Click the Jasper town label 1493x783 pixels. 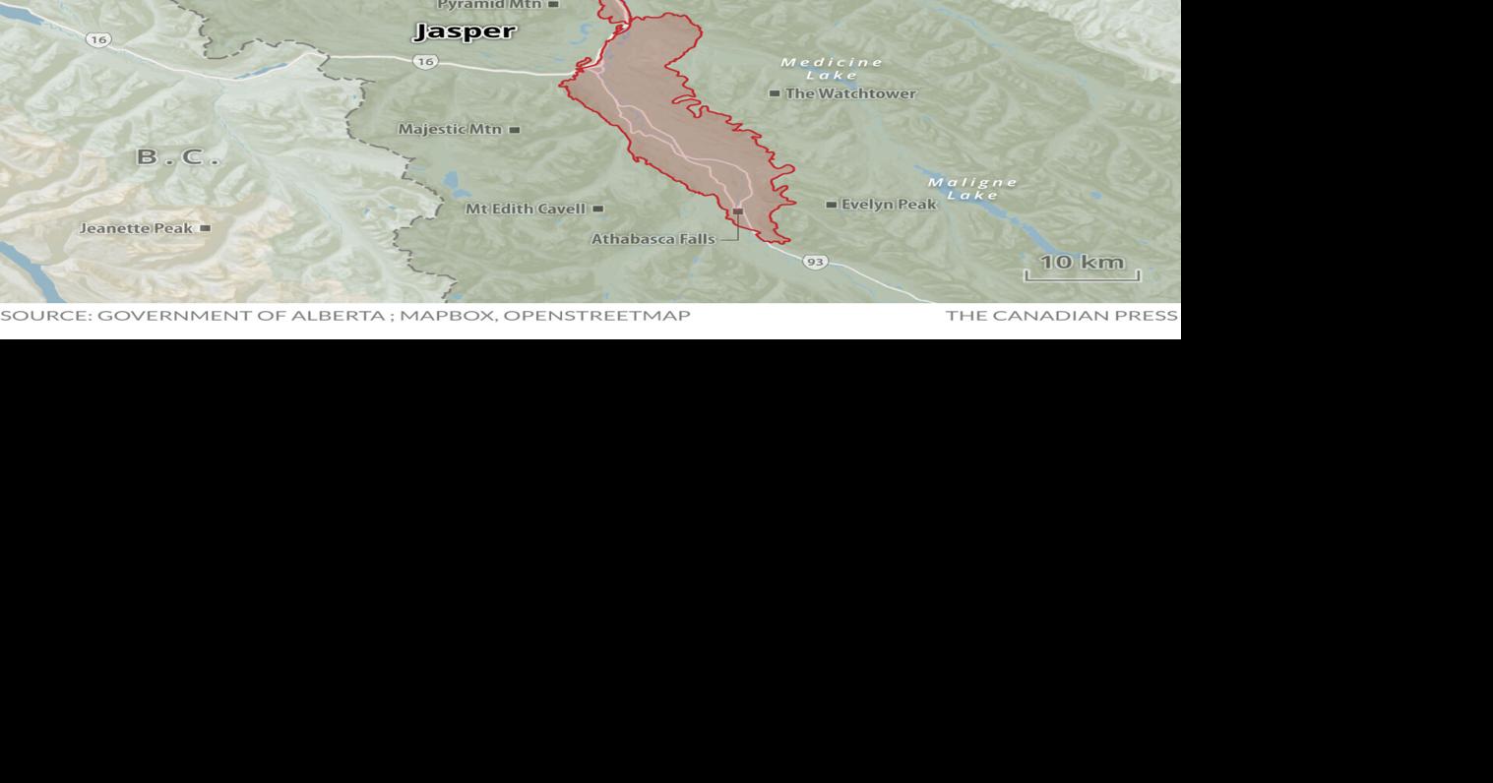click(x=465, y=31)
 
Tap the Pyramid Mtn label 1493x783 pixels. click(x=489, y=5)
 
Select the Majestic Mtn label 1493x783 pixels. click(x=450, y=129)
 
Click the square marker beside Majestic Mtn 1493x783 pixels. click(x=514, y=129)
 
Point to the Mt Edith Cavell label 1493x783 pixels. click(x=526, y=209)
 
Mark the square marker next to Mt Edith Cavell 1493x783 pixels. click(x=597, y=209)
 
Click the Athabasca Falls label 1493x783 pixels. click(x=653, y=239)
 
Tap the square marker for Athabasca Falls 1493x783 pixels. click(x=737, y=211)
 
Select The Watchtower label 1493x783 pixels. click(x=850, y=93)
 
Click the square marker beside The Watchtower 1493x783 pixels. click(x=775, y=93)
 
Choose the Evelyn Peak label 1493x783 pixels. click(x=888, y=205)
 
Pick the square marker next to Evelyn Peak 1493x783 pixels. click(x=831, y=205)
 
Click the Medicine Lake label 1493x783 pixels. click(x=832, y=69)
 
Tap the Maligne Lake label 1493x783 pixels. click(x=972, y=188)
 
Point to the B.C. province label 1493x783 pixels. click(x=178, y=156)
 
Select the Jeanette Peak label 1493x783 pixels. click(x=136, y=228)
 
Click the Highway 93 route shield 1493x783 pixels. click(x=814, y=262)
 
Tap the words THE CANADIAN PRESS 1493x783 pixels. click(x=1061, y=316)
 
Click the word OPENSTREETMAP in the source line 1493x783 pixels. click(x=596, y=316)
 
